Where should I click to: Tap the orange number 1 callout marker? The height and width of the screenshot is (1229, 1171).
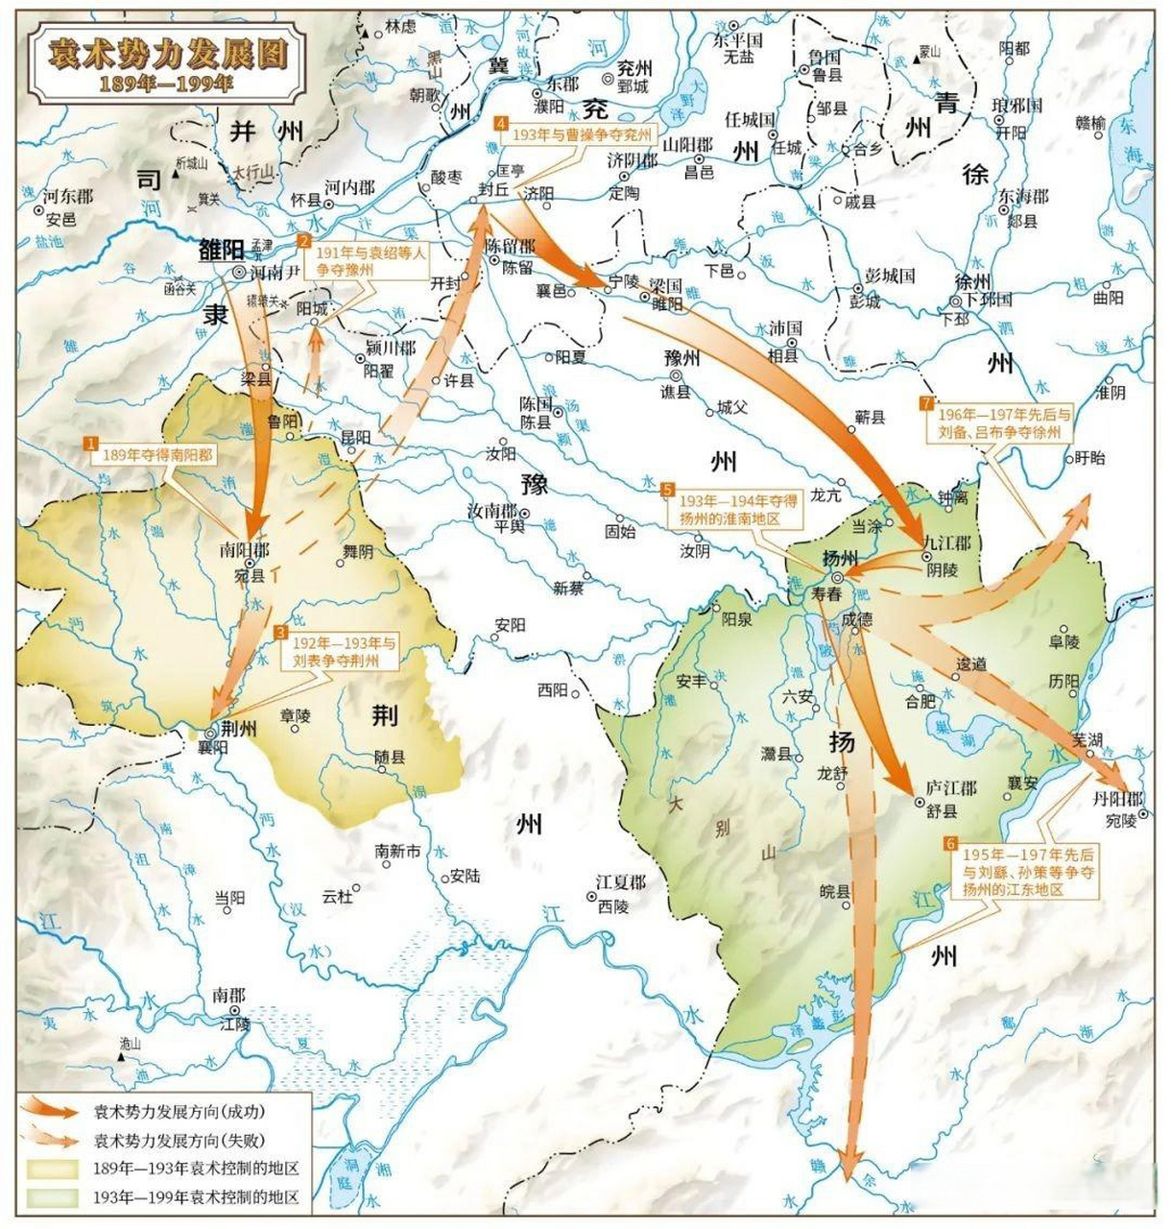pyautogui.click(x=91, y=443)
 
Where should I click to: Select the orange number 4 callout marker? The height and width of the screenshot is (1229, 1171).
pyautogui.click(x=500, y=123)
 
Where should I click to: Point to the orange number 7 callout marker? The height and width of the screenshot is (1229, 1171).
pyautogui.click(x=925, y=402)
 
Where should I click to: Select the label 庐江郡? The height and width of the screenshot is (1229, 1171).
pyautogui.click(x=951, y=787)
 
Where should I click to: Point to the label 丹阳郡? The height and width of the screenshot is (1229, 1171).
pyautogui.click(x=1118, y=799)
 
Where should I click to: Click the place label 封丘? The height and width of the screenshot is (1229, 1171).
pyautogui.click(x=492, y=190)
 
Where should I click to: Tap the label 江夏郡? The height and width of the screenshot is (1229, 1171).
pyautogui.click(x=620, y=882)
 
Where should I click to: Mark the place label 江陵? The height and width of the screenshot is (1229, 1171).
pyautogui.click(x=234, y=1024)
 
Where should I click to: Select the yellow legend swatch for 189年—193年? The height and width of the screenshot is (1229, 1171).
pyautogui.click(x=53, y=1169)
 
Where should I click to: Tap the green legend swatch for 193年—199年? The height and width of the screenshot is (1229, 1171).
pyautogui.click(x=53, y=1197)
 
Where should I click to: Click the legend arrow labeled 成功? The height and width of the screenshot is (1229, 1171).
pyautogui.click(x=53, y=1111)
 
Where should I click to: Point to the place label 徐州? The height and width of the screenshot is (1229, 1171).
pyautogui.click(x=972, y=281)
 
